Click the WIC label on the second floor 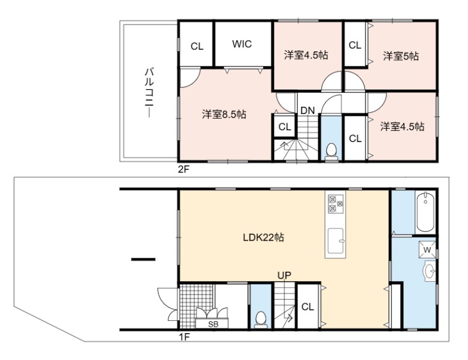242,44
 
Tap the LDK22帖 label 263,237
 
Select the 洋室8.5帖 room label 224,114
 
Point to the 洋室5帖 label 401,56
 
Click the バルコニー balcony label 149,93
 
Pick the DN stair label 308,110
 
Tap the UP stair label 284,275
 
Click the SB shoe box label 213,324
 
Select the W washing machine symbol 427,250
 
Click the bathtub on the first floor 425,212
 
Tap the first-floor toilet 261,320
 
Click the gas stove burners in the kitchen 335,204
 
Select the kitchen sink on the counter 336,241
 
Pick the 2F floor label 184,169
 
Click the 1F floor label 184,337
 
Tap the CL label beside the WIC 197,47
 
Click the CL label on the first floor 308,307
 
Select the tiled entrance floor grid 196,306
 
